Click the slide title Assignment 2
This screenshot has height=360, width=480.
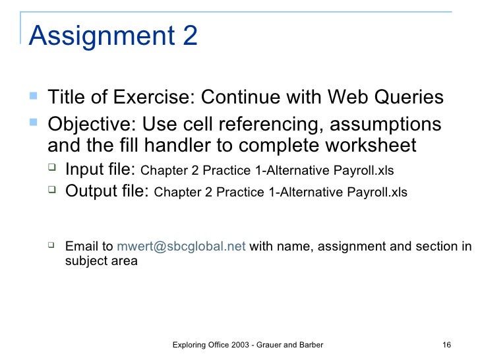tap(113, 36)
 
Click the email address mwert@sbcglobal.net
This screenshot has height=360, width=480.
tap(181, 247)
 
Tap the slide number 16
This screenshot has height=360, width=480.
tap(446, 345)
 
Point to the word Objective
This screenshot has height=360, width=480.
tap(90, 124)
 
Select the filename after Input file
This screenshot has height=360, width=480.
tap(268, 171)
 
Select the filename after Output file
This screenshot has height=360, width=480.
tap(280, 193)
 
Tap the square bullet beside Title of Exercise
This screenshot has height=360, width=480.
tap(35, 97)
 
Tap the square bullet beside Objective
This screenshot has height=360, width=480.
tap(35, 123)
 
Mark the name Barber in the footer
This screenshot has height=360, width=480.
tap(310, 345)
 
